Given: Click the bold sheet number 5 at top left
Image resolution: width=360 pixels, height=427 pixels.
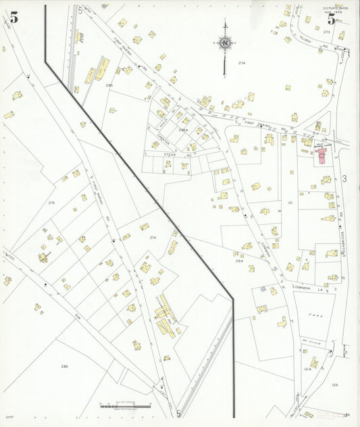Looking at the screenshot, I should coord(14,18).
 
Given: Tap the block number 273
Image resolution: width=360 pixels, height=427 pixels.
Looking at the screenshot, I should coord(327,32).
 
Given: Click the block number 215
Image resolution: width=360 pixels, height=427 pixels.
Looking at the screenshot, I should coord(51,203).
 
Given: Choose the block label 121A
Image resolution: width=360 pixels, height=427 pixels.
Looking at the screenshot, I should coord(307,369).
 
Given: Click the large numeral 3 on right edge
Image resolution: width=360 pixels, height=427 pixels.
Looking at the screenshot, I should coord(343,178).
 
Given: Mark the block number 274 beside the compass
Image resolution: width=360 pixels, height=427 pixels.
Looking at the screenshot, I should coord(242,62).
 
